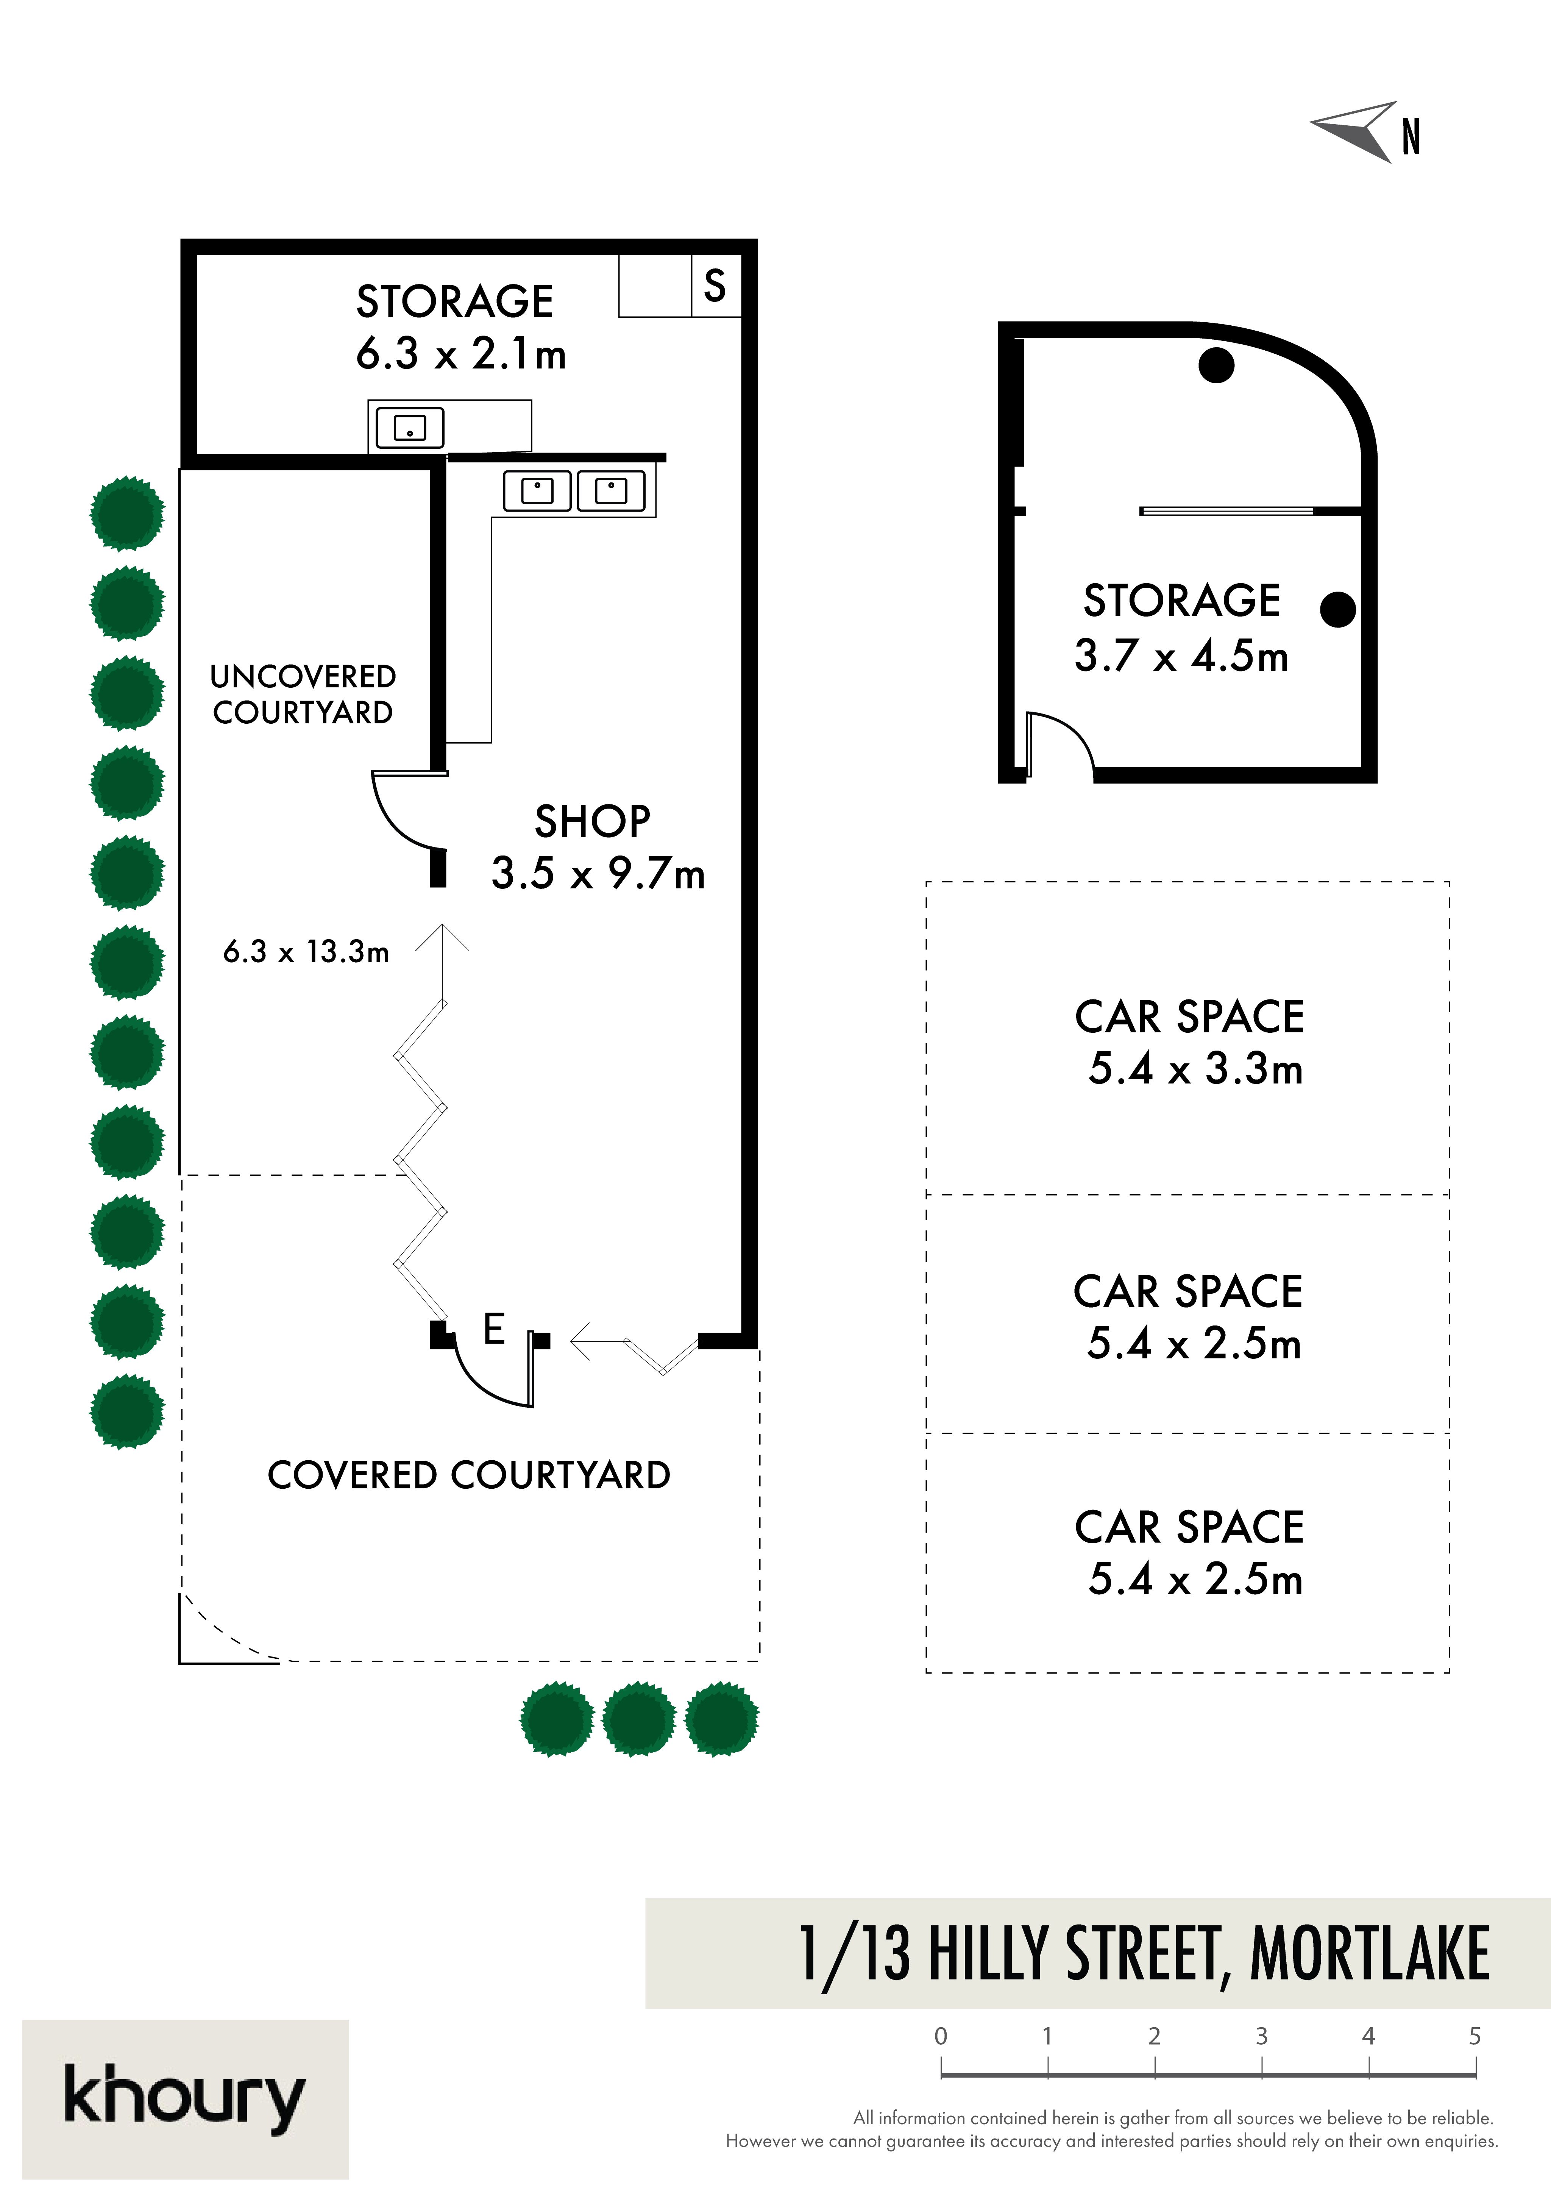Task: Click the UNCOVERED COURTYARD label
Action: pyautogui.click(x=303, y=694)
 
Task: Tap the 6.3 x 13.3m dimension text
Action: pyautogui.click(x=306, y=951)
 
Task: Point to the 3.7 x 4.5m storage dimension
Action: pyautogui.click(x=1181, y=656)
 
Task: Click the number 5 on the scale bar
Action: pyautogui.click(x=1475, y=2036)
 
